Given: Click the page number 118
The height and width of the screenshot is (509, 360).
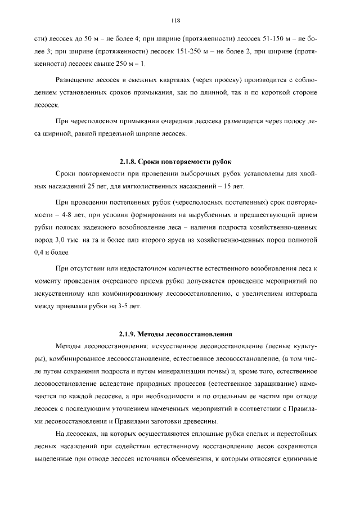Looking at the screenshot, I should pyautogui.click(x=175, y=21).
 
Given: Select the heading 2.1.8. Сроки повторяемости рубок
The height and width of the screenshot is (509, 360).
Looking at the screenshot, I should pyautogui.click(x=175, y=161).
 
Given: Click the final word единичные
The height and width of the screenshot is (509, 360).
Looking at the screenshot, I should pyautogui.click(x=299, y=458).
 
